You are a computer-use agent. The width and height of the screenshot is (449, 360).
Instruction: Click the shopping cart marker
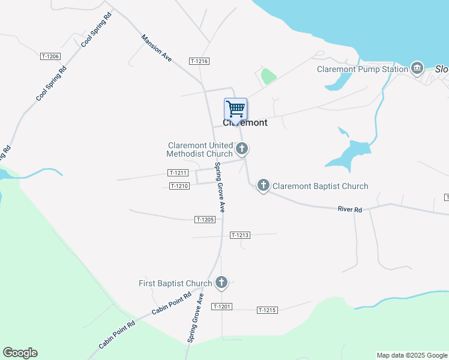[236, 109]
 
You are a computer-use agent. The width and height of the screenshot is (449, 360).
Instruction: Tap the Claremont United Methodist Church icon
[242, 148]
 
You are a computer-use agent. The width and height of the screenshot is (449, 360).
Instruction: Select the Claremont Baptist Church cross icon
[263, 185]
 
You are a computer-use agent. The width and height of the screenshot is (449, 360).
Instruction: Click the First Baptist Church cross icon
[221, 282]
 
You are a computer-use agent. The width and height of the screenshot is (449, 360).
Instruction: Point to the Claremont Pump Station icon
[417, 68]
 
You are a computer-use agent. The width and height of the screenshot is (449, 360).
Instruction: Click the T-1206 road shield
[50, 56]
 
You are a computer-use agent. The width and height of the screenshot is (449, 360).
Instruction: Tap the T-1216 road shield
[199, 61]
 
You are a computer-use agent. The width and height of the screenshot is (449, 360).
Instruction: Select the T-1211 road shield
[178, 173]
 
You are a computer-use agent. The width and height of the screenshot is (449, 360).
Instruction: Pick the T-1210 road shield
[179, 186]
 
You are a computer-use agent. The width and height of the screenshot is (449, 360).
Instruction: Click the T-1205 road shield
[205, 220]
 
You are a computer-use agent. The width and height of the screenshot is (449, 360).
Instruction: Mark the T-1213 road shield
[240, 235]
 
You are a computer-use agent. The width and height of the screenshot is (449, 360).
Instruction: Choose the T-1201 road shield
[221, 307]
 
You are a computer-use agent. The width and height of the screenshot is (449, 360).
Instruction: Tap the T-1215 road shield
[267, 310]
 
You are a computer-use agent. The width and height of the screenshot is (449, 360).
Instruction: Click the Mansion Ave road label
[157, 47]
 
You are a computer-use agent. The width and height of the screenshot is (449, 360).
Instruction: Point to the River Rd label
[350, 209]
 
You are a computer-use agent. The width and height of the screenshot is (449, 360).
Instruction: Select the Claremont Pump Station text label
[363, 69]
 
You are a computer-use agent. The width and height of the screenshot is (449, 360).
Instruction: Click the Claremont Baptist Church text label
[321, 186]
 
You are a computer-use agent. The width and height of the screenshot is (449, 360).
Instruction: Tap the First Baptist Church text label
[175, 283]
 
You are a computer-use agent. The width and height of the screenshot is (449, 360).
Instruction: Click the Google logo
[20, 353]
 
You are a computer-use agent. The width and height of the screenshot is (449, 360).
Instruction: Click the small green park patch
[268, 77]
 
